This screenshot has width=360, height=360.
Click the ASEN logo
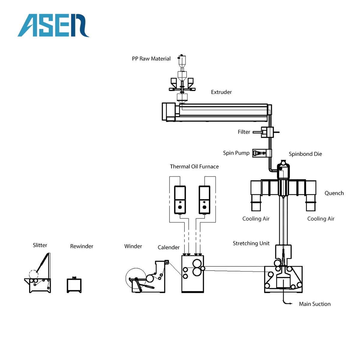[x=53, y=25]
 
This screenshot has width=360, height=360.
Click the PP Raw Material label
[x=151, y=59]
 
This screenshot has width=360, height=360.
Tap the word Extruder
[x=221, y=92]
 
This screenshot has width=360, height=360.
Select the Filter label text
[x=244, y=132]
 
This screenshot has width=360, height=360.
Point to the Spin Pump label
[x=236, y=153]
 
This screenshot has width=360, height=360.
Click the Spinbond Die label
[x=305, y=154]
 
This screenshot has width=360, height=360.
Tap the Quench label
[x=334, y=193]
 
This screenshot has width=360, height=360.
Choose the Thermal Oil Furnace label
[x=194, y=166]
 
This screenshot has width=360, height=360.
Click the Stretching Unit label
[x=251, y=243]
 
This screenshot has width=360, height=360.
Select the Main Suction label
[x=314, y=304]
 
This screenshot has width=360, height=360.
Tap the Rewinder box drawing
[x=74, y=285]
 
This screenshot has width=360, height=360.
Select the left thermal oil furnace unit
[x=180, y=199]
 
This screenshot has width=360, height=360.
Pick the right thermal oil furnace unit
[x=204, y=199]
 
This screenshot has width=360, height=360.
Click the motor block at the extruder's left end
[x=169, y=112]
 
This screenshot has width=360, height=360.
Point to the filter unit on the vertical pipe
[x=267, y=132]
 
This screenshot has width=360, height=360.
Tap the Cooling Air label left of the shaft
[x=256, y=219]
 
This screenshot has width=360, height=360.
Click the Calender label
[x=168, y=247]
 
